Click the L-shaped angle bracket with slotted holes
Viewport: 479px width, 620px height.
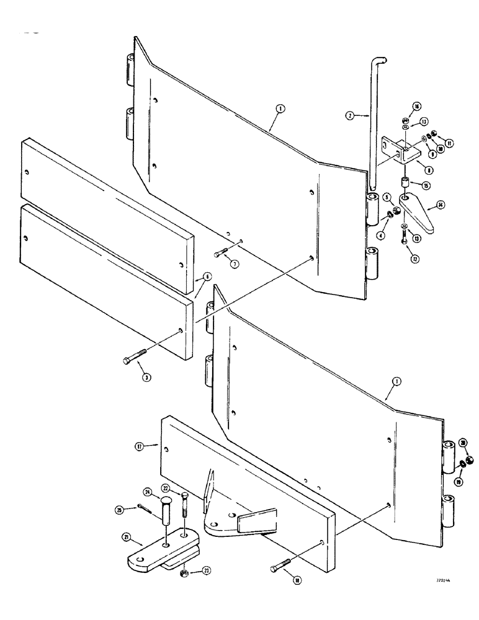coord(397,149)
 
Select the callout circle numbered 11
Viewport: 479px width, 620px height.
coord(450,143)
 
